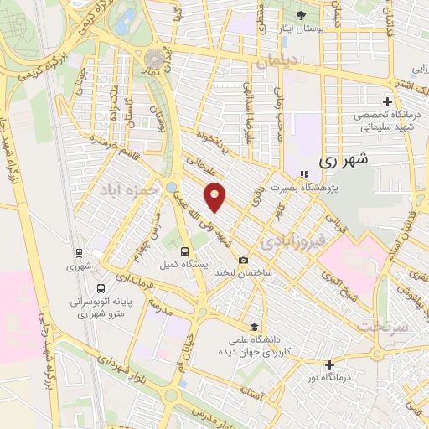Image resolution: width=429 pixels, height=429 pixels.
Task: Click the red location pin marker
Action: click(216, 197)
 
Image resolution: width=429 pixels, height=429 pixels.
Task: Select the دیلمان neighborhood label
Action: click(277, 60)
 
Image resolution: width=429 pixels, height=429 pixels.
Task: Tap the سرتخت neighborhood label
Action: click(385, 325)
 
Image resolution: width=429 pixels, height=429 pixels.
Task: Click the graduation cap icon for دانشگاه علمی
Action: click(253, 326)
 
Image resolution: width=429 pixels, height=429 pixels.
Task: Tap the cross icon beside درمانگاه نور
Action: click(329, 364)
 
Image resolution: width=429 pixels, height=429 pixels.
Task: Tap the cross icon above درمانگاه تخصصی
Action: click(387, 101)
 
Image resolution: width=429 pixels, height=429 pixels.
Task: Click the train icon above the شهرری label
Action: click(78, 253)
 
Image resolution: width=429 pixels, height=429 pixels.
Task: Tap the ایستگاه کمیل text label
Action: click(186, 264)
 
